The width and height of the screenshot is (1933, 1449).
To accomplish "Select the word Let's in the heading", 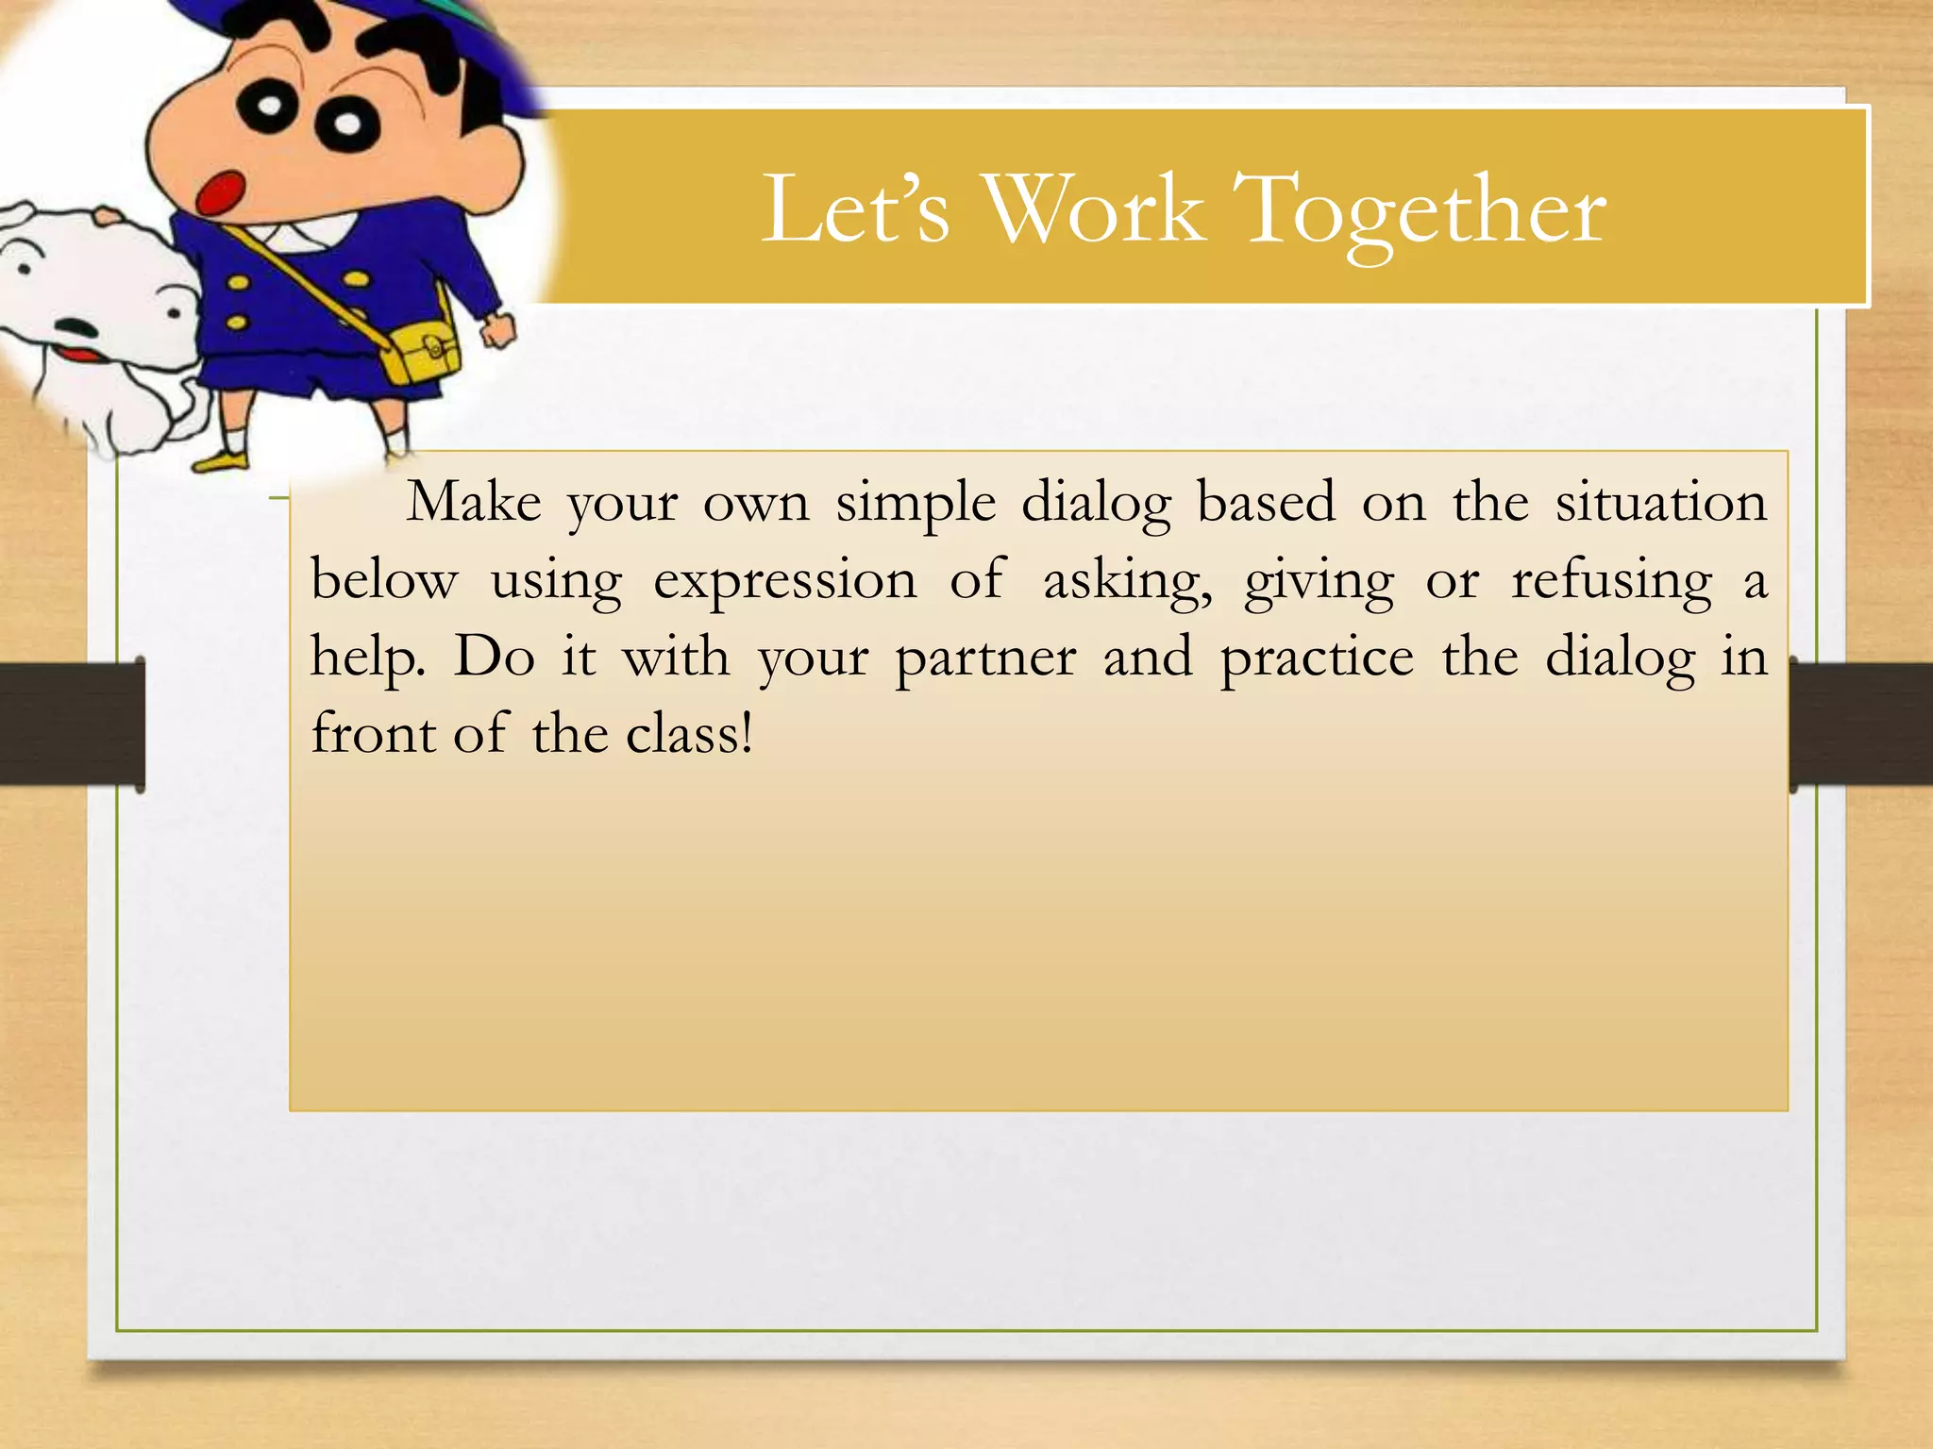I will pos(855,208).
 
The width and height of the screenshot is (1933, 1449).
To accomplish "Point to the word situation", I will pos(1660,502).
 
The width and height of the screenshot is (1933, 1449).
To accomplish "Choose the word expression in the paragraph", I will pos(785,580).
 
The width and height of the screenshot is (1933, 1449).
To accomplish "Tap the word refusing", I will pos(1611,580).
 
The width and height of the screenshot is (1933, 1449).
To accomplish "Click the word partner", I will pos(985,658).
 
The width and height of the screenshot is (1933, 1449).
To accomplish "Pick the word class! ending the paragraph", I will pos(690,734).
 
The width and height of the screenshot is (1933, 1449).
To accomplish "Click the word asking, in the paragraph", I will pos(1127,580).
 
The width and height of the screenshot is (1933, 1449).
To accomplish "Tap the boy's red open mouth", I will pos(220,192).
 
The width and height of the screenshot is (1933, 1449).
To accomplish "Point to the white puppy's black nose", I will pos(75,329).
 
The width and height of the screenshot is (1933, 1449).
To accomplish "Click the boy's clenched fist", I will pos(497,330).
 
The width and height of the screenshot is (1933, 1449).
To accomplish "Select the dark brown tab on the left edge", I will pos(72,723).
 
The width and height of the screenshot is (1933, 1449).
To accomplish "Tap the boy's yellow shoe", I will pos(221,461).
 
